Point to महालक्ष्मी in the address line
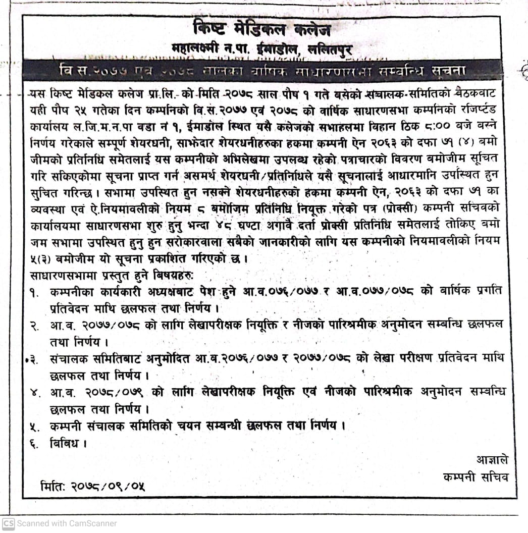tap(197, 50)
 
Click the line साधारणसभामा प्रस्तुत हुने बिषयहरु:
tap(113, 276)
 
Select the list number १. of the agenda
tap(36, 293)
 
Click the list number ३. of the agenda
tap(35, 359)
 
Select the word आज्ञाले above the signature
tap(492, 459)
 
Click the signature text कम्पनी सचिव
tap(476, 476)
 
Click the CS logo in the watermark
tap(9, 523)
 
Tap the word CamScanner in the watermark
tap(91, 523)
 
